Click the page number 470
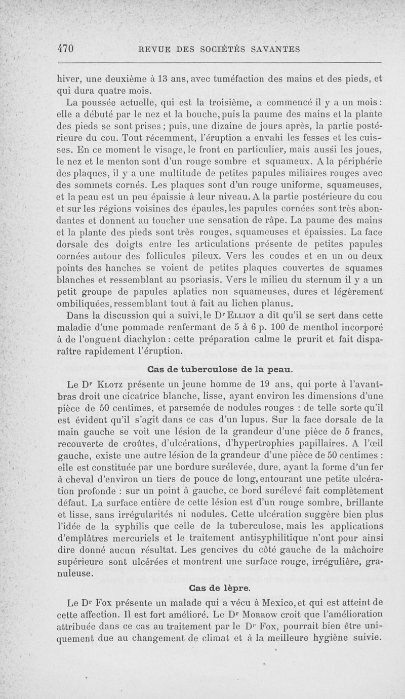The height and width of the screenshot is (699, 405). (66, 49)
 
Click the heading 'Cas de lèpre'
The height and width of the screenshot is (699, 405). (219, 588)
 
